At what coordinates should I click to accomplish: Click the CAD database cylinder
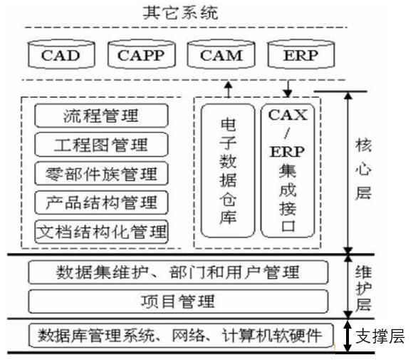(61, 55)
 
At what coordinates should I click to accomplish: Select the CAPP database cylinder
(141, 55)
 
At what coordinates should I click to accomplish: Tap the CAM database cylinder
(220, 55)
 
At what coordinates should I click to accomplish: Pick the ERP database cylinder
(299, 55)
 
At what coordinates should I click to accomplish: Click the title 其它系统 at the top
(187, 13)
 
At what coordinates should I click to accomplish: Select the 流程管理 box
(101, 115)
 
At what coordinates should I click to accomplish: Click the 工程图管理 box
(101, 144)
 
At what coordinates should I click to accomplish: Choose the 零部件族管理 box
(101, 173)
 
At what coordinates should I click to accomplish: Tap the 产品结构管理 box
(101, 202)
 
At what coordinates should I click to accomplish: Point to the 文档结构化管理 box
(101, 231)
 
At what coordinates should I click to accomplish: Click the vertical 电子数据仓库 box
(228, 171)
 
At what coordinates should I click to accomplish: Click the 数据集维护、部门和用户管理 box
(178, 272)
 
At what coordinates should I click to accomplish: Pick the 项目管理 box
(178, 301)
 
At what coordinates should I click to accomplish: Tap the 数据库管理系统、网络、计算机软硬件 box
(178, 334)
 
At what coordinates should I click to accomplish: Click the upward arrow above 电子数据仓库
(228, 89)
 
